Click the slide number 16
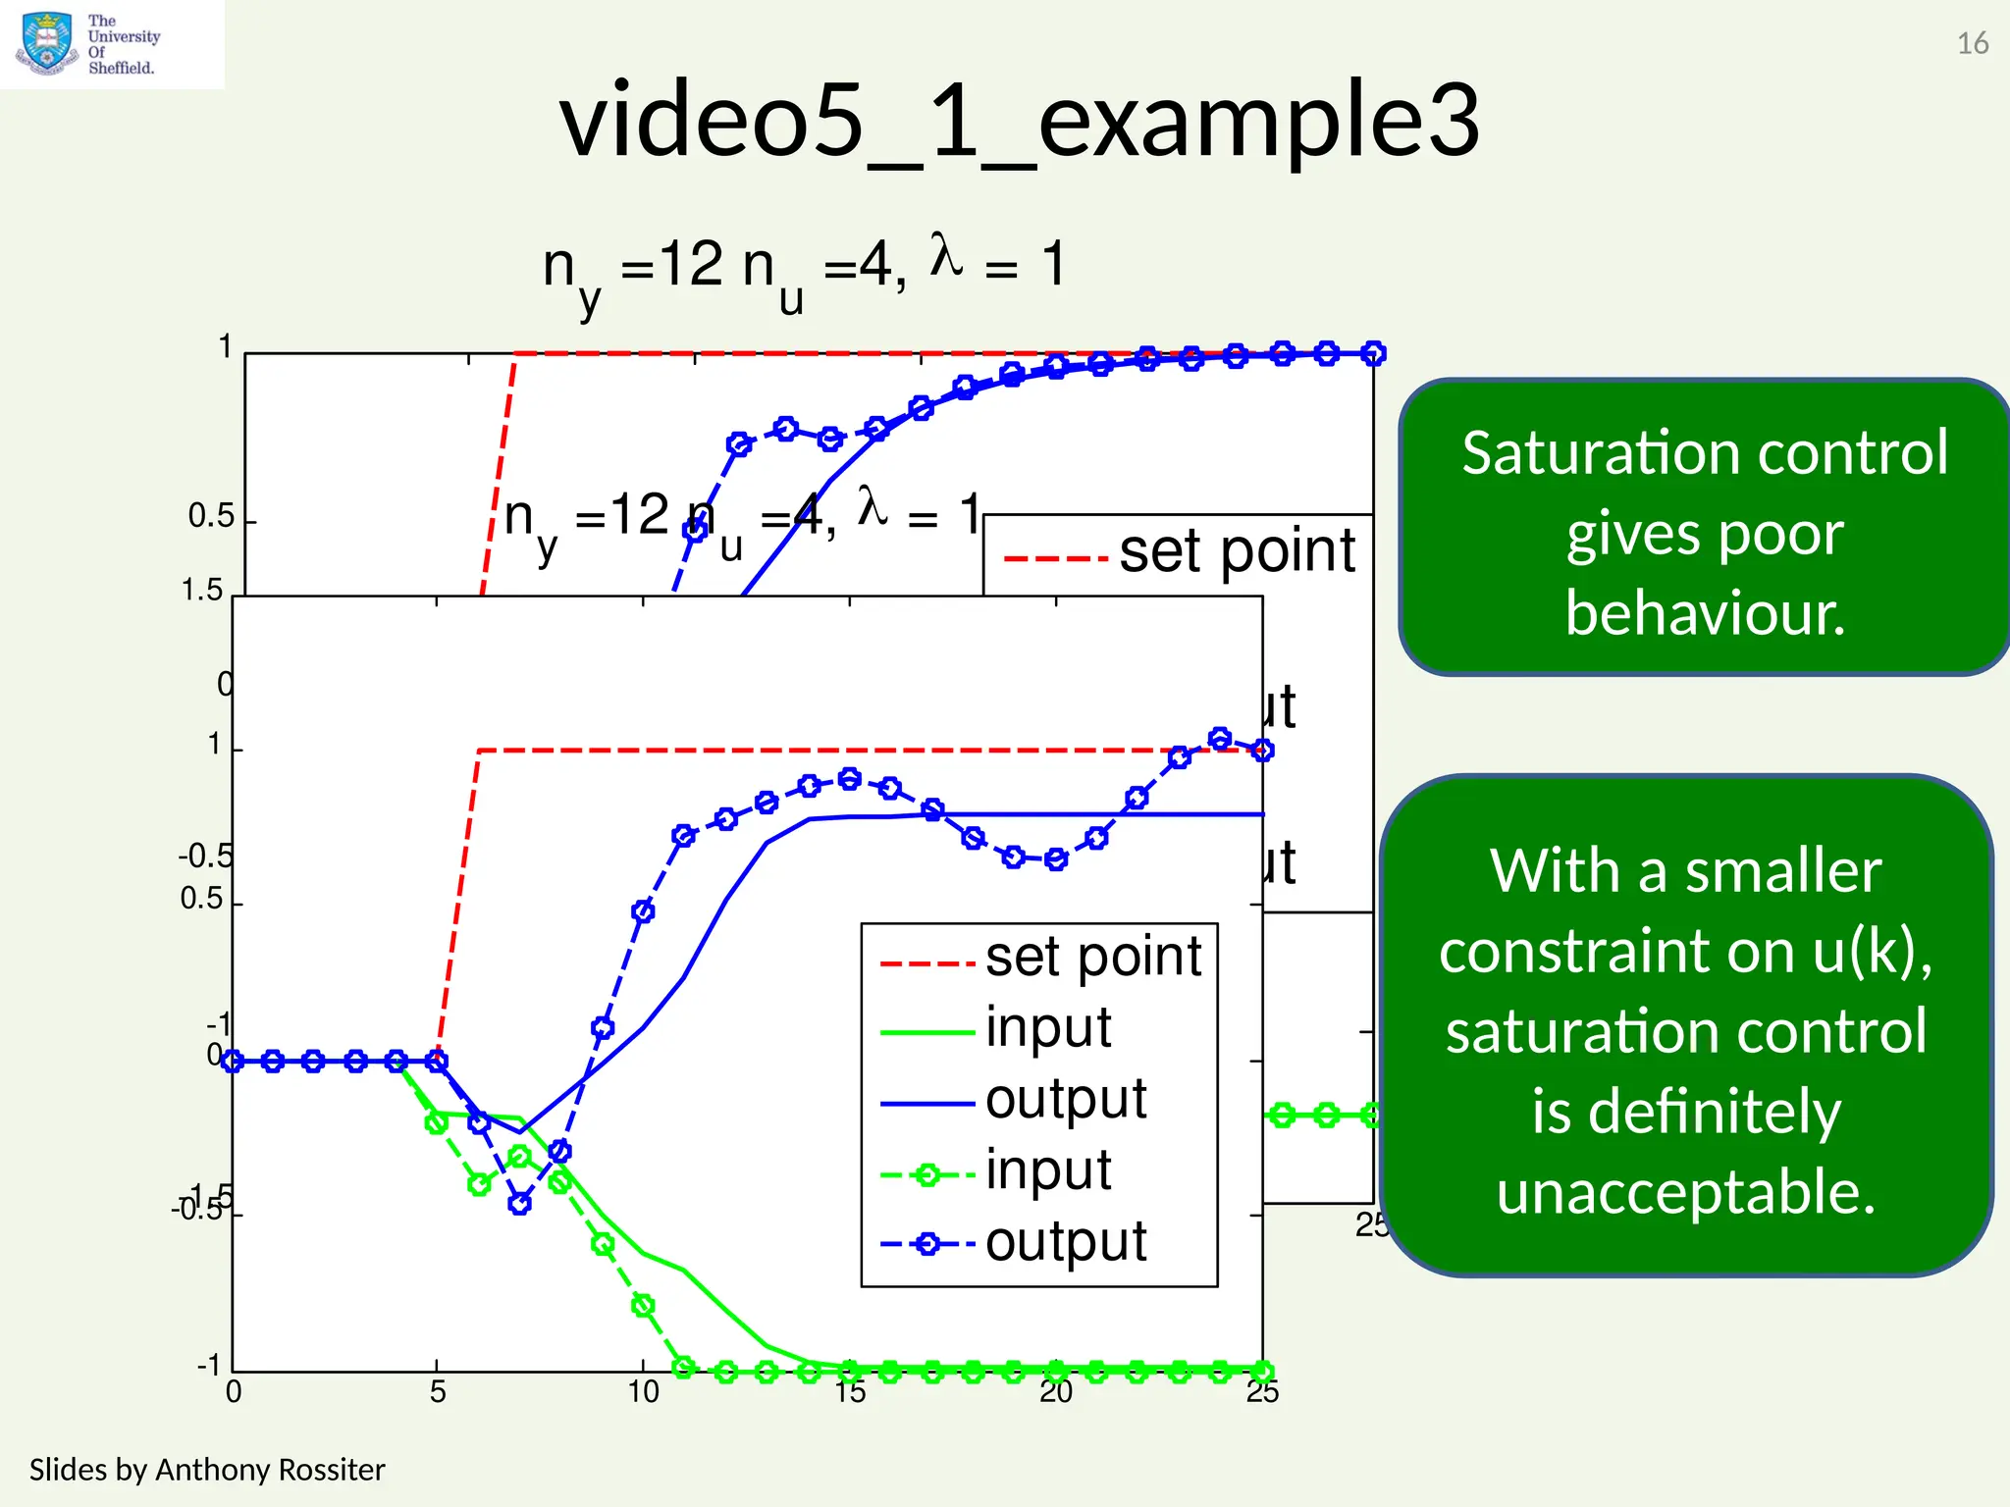pos(1972,44)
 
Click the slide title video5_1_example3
pos(1019,121)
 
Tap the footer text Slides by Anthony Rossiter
pos(207,1470)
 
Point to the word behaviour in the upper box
pos(1705,613)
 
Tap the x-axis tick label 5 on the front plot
pos(438,1392)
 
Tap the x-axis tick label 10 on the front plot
pos(644,1392)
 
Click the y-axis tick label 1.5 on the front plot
pos(202,591)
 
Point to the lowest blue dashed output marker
pos(520,1203)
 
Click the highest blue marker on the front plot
pos(1220,739)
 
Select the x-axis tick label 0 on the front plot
pos(234,1392)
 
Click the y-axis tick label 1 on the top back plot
pos(225,347)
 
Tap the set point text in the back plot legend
pos(1237,551)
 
